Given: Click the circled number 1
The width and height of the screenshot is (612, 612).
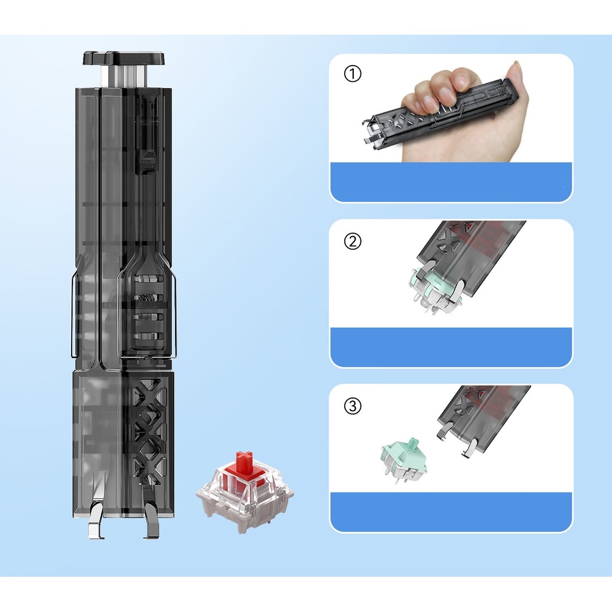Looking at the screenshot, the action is pos(353,74).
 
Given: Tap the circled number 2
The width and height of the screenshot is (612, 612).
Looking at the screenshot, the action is pos(353,241).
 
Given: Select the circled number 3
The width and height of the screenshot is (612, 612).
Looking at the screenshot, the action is pos(353,406).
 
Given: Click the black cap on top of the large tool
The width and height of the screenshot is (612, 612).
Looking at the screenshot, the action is pos(124,58).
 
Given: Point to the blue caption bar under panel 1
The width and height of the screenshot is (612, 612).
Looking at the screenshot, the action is pos(451,182).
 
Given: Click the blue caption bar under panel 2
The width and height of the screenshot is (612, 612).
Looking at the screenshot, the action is pos(451,347).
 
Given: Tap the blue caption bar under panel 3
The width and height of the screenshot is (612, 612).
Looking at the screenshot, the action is pos(451,512).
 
